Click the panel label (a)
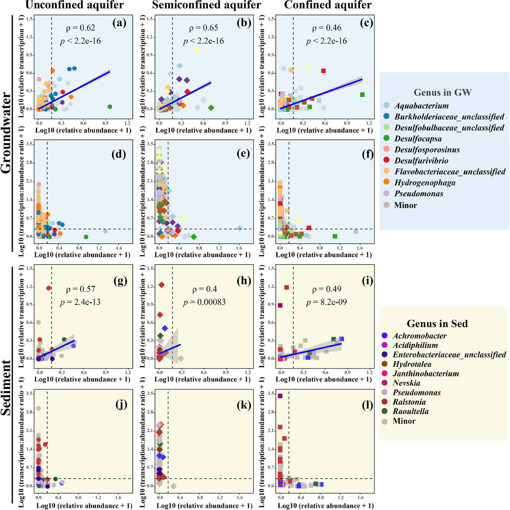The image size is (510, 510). pos(119,23)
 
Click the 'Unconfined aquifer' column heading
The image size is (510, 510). pos(75,5)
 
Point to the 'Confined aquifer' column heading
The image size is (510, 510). pos(328,5)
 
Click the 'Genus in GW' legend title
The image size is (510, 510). pos(442,92)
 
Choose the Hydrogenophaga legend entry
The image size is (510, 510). pos(425,182)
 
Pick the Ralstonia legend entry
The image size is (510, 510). pos(409,402)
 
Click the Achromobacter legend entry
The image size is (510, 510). pos(419,336)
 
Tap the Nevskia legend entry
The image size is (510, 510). pos(406,383)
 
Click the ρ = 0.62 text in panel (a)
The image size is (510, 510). pos(81,28)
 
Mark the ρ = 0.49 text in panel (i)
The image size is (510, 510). pos(327,289)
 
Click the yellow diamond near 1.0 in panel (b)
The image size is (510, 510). pos(196,50)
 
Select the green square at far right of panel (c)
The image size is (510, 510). pos(362,95)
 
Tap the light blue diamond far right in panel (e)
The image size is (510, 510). pos(239,228)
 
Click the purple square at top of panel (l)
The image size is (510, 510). pos(280,396)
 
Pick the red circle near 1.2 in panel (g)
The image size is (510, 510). pos(49,288)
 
